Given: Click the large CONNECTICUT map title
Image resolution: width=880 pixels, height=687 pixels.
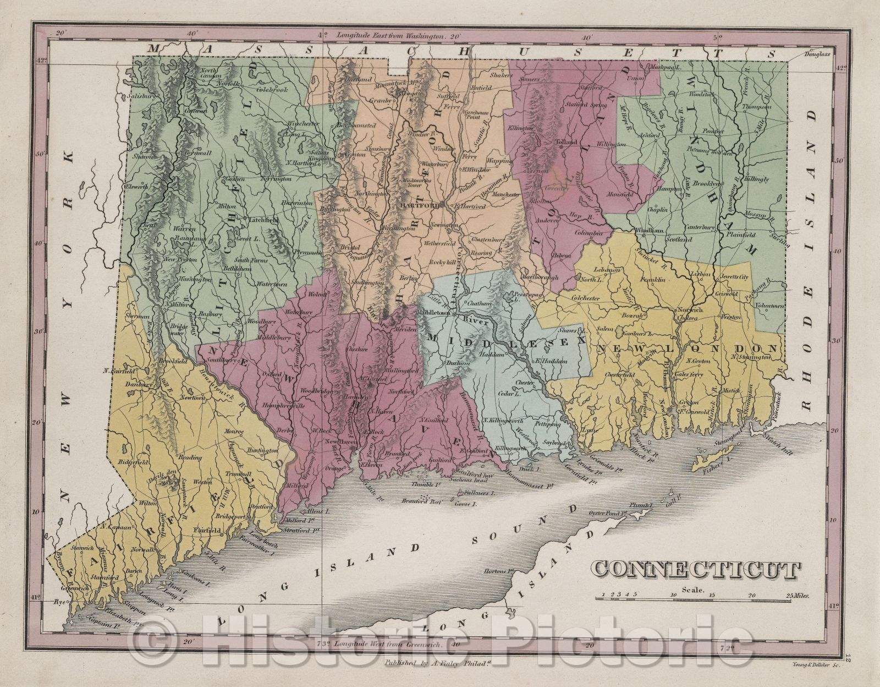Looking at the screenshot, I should (x=695, y=571).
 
